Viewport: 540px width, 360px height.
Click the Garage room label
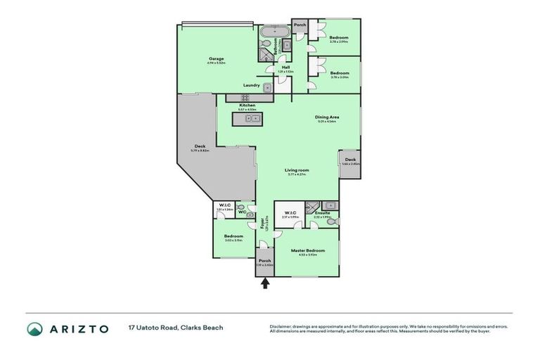(215, 59)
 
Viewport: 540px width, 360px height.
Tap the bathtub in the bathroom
(269, 32)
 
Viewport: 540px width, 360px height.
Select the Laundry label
(251, 85)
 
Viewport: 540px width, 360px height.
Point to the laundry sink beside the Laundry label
(266, 86)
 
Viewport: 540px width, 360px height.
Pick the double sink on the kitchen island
(252, 118)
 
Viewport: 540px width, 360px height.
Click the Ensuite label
(323, 213)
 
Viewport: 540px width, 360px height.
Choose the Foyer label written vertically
(262, 225)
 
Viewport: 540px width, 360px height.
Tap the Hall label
(285, 67)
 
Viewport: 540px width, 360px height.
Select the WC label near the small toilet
(241, 212)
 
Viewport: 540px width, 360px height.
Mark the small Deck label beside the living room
(350, 160)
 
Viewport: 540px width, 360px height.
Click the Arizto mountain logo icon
(34, 328)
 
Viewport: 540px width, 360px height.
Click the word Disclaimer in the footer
(283, 326)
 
